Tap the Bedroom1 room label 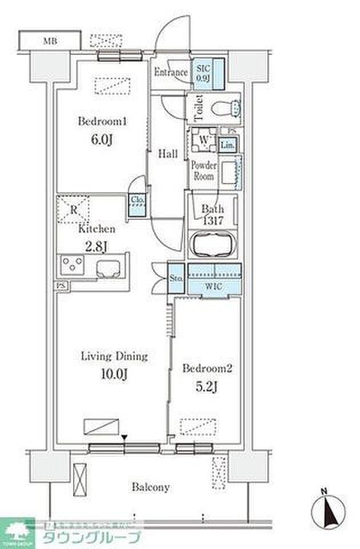pyautogui.click(x=102, y=122)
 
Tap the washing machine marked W pyautogui.click(x=203, y=139)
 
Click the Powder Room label pyautogui.click(x=203, y=170)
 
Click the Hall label pyautogui.click(x=167, y=154)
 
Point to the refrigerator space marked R pyautogui.click(x=74, y=209)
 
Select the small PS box pyautogui.click(x=61, y=284)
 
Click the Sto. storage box pyautogui.click(x=176, y=279)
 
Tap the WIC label pyautogui.click(x=214, y=285)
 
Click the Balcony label pyautogui.click(x=151, y=487)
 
